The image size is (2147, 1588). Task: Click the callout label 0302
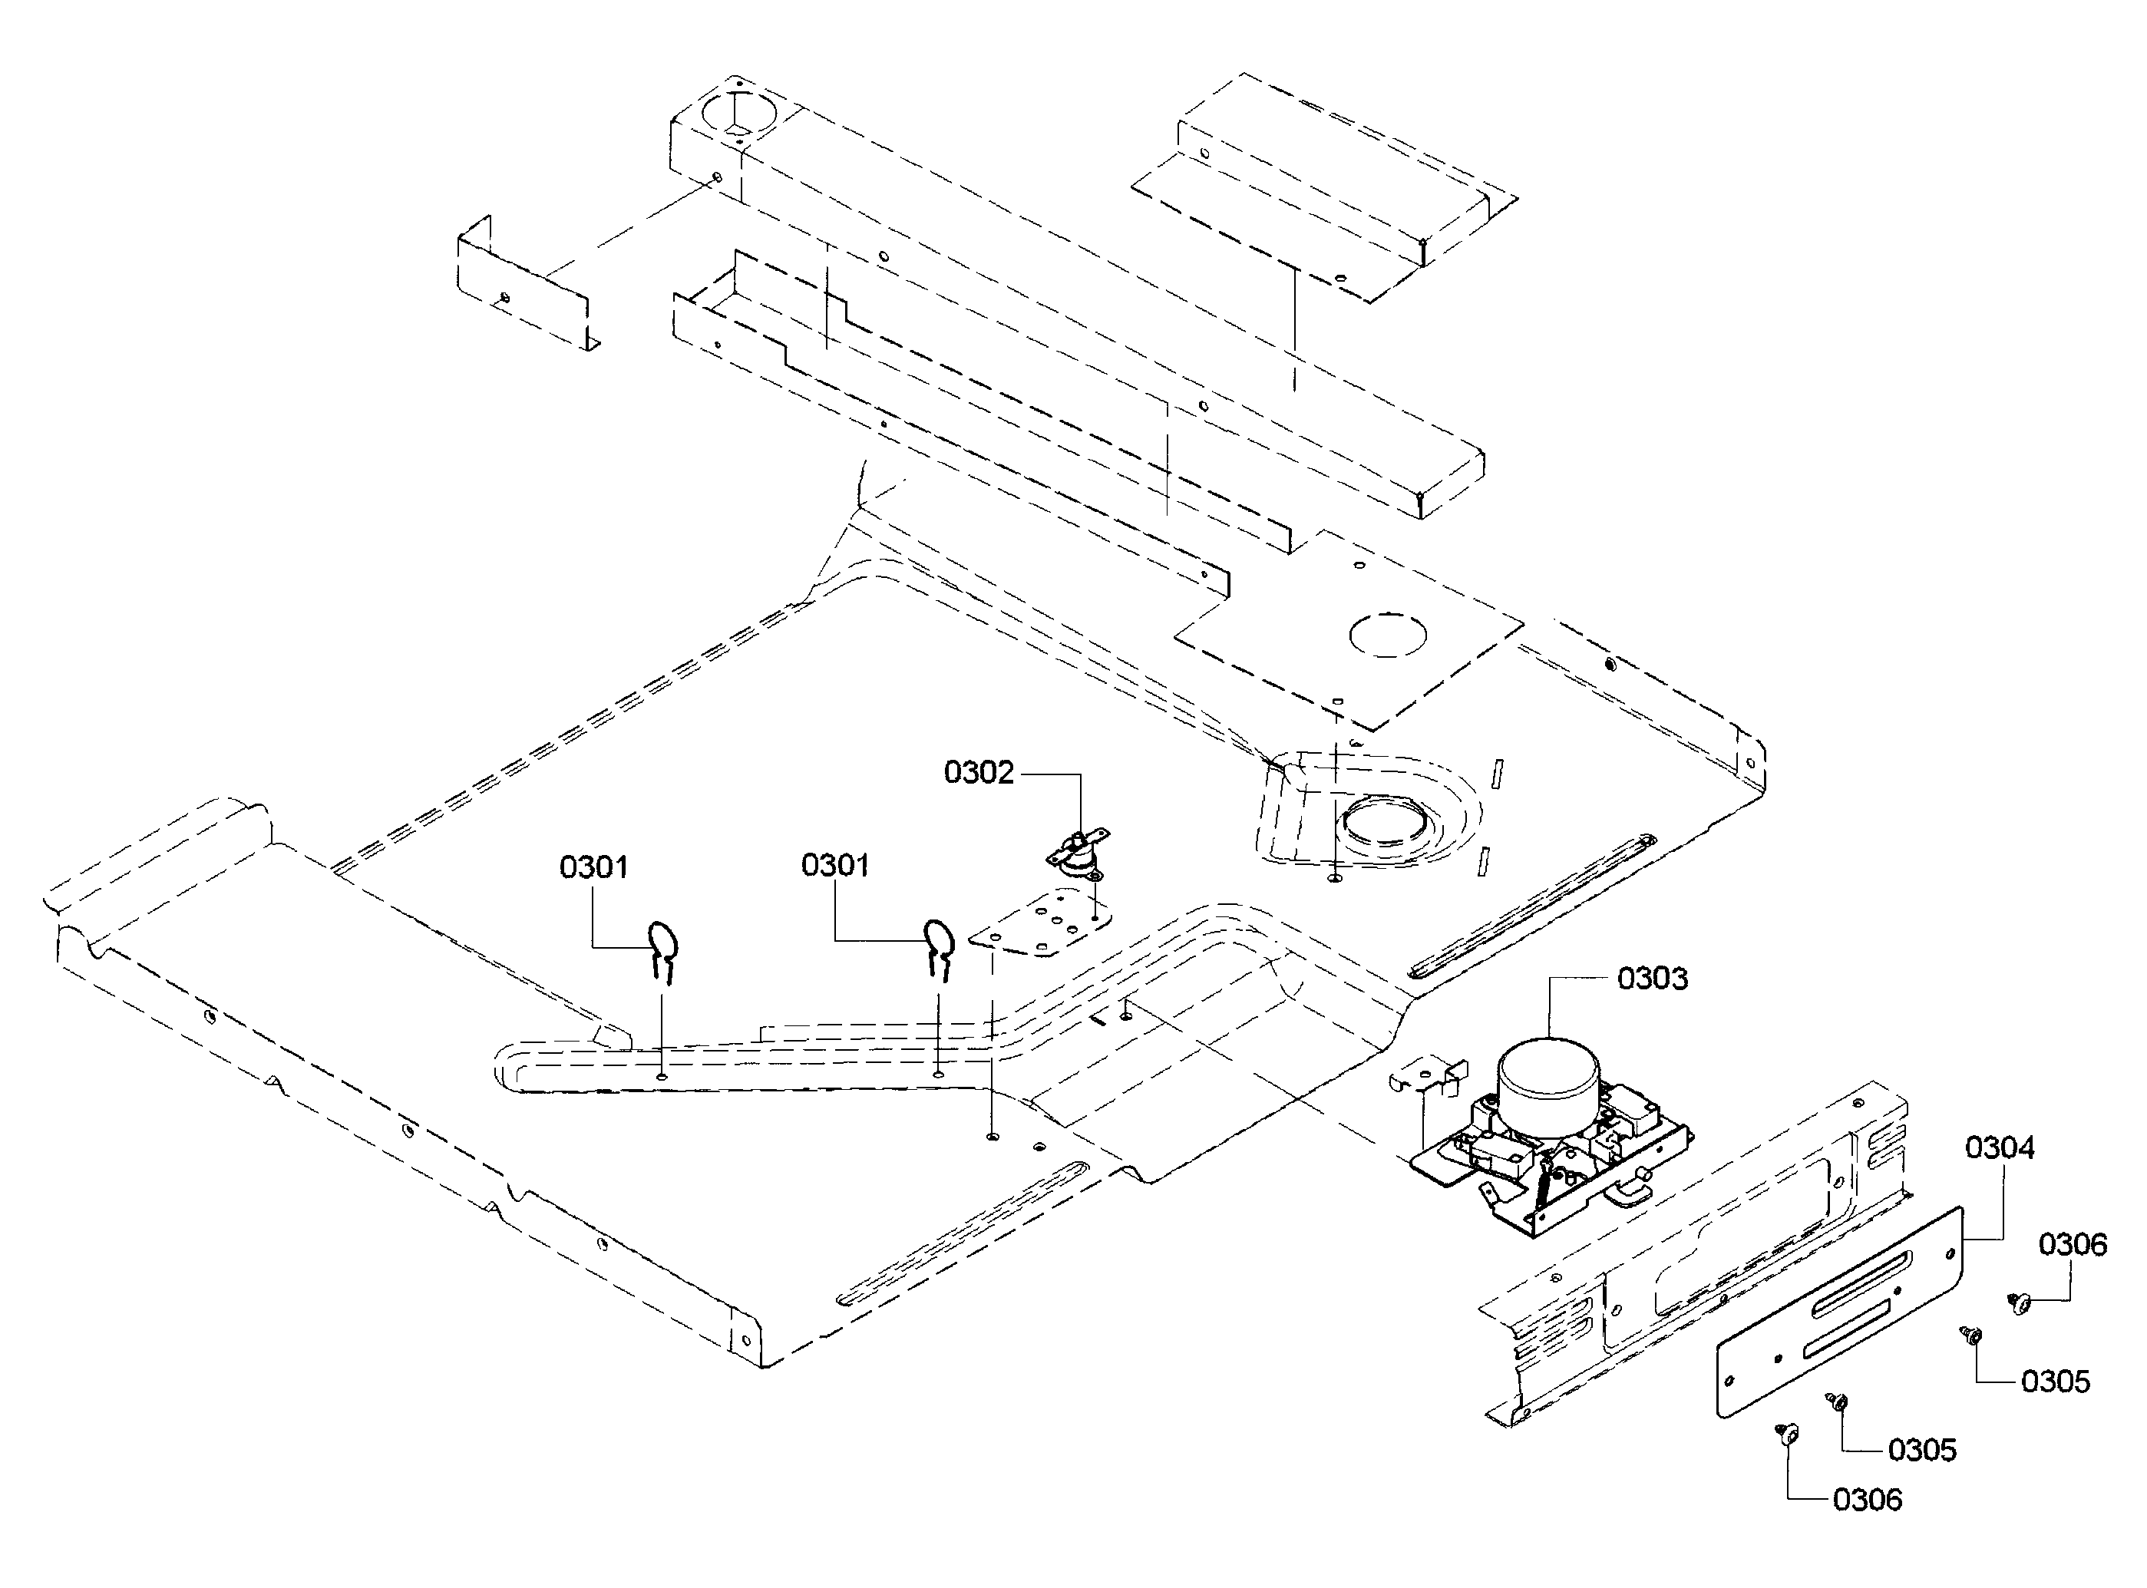pyautogui.click(x=979, y=773)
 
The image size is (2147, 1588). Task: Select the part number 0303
pyautogui.click(x=1653, y=979)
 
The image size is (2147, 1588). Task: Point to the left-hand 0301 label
pyautogui.click(x=594, y=867)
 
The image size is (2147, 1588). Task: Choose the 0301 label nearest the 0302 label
pyautogui.click(x=835, y=865)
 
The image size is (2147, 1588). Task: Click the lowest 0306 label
pyautogui.click(x=1868, y=1501)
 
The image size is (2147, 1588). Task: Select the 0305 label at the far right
pyautogui.click(x=2056, y=1382)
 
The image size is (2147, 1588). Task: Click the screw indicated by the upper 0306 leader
pyautogui.click(x=2018, y=1303)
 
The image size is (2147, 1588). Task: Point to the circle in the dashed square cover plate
pyautogui.click(x=1387, y=635)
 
